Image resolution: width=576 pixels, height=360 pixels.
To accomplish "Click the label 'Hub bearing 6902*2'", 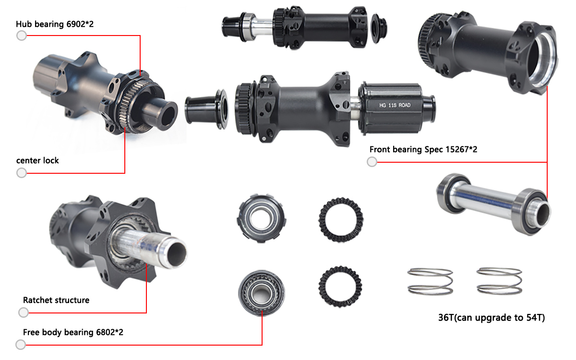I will [x=54, y=24].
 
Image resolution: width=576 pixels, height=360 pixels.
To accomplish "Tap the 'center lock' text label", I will [x=37, y=160].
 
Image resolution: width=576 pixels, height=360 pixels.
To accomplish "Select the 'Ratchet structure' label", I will [x=56, y=300].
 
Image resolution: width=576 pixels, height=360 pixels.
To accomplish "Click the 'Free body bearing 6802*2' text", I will [x=73, y=332].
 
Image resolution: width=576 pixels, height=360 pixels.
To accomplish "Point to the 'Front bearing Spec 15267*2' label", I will [x=423, y=149].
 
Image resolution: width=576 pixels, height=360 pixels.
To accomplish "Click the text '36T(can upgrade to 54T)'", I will [x=491, y=317].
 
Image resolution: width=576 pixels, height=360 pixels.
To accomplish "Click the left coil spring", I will [x=431, y=281].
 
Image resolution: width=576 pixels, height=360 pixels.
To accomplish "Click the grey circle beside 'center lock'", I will [x=22, y=173].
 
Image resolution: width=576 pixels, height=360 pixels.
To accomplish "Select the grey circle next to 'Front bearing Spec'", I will [x=372, y=162].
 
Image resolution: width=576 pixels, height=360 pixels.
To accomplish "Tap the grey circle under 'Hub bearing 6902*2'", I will [x=22, y=36].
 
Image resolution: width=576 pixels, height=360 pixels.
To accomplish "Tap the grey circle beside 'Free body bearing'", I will [x=21, y=345].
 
